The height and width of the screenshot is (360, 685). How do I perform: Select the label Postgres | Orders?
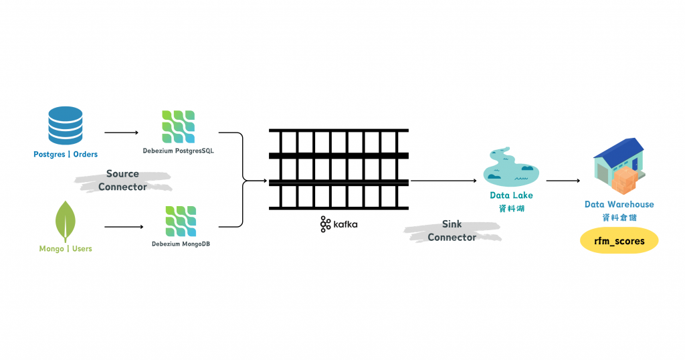tap(66, 155)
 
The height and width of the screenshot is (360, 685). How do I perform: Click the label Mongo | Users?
tap(66, 249)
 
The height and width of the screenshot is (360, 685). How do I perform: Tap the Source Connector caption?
tap(122, 181)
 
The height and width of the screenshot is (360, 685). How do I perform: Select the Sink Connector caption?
tap(452, 231)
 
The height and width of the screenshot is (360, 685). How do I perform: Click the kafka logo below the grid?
tap(338, 224)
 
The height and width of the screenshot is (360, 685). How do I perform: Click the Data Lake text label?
tap(512, 195)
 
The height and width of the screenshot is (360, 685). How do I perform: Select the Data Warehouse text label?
tap(619, 204)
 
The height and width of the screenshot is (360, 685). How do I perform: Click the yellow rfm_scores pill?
tap(619, 241)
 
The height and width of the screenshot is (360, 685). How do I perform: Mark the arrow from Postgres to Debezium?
tap(121, 132)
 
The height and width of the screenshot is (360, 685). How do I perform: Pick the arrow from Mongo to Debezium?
tap(124, 227)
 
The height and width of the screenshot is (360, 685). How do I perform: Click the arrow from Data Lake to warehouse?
tap(563, 181)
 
